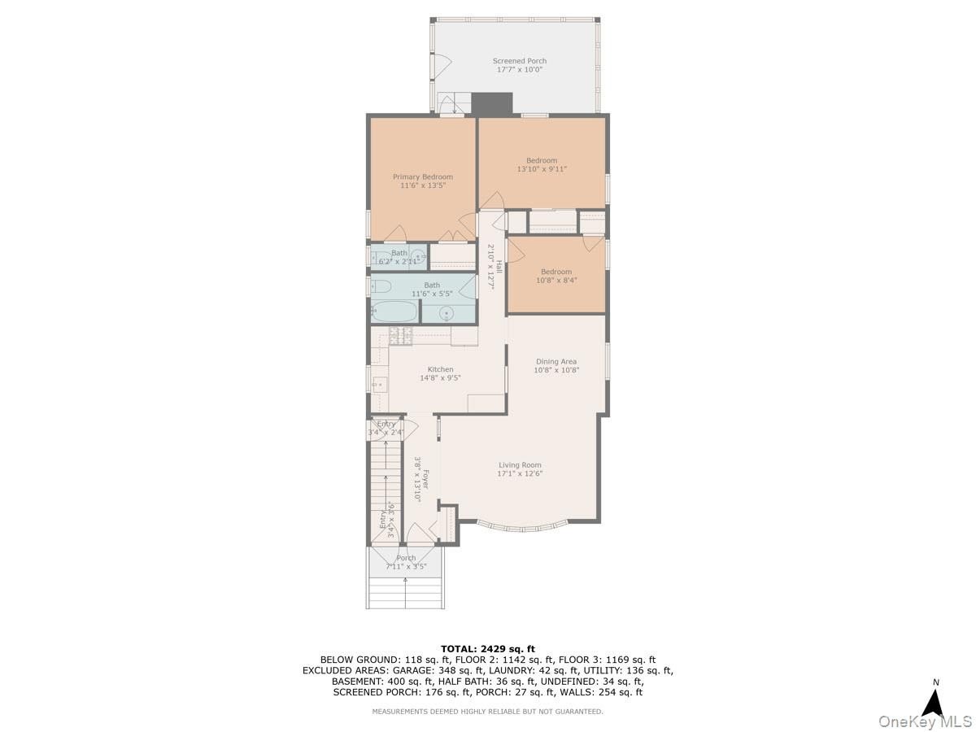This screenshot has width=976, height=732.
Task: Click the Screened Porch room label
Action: click(x=520, y=61)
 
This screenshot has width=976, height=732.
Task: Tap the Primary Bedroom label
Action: click(x=422, y=176)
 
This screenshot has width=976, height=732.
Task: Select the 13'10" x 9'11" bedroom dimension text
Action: click(x=542, y=169)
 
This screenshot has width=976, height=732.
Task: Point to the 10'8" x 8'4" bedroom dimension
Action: click(x=556, y=280)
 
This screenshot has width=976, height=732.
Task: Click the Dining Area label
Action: click(x=556, y=361)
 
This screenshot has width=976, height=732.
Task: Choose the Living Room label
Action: click(x=520, y=465)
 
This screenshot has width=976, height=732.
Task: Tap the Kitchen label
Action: click(x=440, y=369)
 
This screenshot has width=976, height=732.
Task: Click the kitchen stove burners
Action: click(x=401, y=336)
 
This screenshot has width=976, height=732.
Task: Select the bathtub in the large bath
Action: click(x=394, y=312)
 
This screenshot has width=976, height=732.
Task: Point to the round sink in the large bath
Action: click(x=447, y=314)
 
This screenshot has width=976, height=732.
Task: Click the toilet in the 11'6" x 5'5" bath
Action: click(x=381, y=286)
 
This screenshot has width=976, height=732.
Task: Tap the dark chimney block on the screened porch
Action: click(x=492, y=103)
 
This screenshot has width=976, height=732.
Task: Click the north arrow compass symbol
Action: click(x=935, y=704)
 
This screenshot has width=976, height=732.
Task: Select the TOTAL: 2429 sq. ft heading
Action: click(x=488, y=649)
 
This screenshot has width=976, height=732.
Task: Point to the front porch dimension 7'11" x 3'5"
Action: click(x=406, y=567)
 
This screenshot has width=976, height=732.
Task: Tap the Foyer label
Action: click(x=425, y=479)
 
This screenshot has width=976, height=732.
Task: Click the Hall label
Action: click(x=499, y=267)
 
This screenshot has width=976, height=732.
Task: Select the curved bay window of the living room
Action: click(x=522, y=528)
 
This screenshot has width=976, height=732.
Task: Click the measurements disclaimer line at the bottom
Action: click(x=487, y=712)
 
